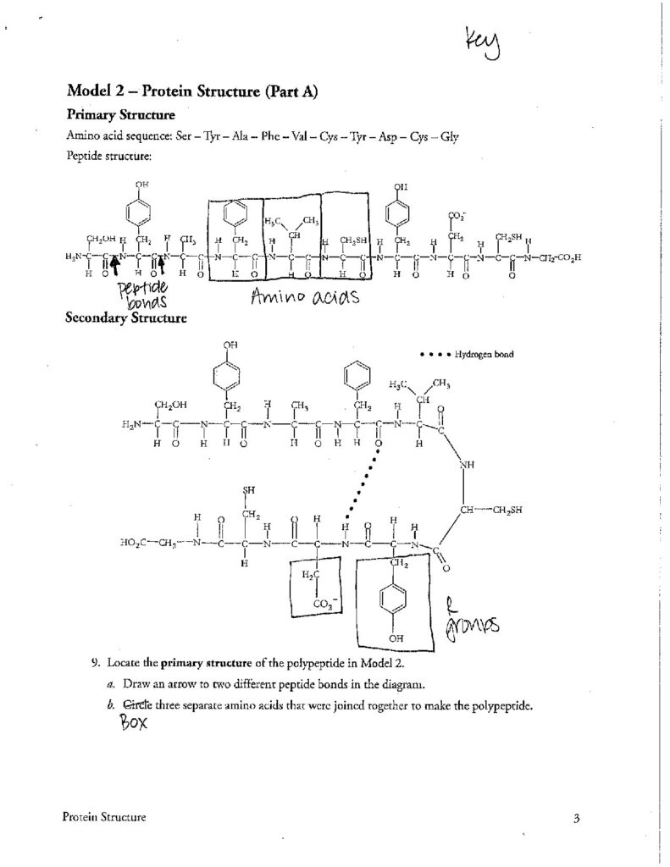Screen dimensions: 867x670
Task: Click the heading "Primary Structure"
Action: [121, 113]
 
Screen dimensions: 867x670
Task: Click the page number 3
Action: [575, 818]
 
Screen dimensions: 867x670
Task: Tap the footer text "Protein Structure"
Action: [104, 817]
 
